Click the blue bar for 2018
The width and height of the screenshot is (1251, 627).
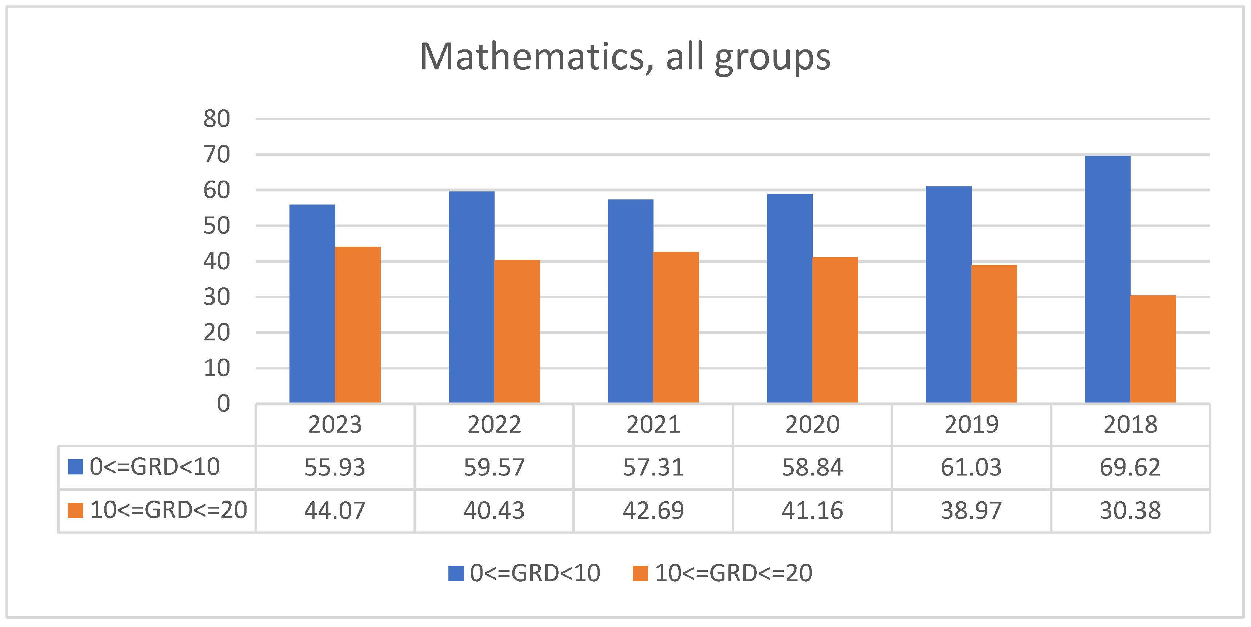[x=1107, y=279]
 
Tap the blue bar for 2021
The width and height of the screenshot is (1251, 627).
[x=630, y=301]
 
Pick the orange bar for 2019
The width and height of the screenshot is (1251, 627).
[x=994, y=333]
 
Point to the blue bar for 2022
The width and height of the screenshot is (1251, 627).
[x=471, y=297]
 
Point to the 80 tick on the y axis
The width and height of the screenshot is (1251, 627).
[x=217, y=119]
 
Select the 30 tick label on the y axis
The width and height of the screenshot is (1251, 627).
[x=217, y=297]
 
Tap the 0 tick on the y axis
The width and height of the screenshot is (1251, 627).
[x=223, y=403]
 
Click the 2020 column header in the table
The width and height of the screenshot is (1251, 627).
[x=812, y=425]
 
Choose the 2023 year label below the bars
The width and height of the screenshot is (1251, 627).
[x=335, y=425]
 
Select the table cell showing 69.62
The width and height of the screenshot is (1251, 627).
[x=1130, y=467]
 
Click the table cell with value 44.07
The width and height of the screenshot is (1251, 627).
[x=335, y=510]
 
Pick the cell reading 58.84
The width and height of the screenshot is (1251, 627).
[x=812, y=467]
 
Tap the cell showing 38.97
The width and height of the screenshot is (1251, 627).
[x=971, y=510]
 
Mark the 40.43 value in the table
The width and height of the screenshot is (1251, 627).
[x=494, y=510]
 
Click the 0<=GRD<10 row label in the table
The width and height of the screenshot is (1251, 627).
[x=155, y=467]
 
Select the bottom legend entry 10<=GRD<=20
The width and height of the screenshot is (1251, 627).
[x=733, y=573]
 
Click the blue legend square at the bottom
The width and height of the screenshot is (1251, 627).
[x=456, y=573]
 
